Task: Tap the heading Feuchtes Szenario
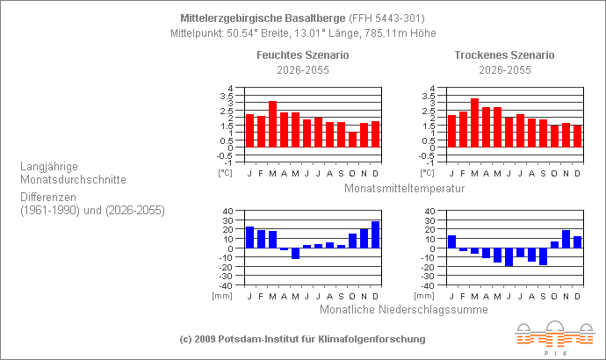pos(302,55)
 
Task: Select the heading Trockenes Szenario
pos(504,55)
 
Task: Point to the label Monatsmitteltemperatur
pos(404,188)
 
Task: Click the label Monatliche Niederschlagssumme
pos(403,308)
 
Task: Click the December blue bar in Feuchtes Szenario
pos(375,234)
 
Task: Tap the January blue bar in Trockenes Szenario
pos(451,241)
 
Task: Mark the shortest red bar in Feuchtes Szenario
pos(352,140)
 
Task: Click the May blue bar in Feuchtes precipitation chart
pos(295,254)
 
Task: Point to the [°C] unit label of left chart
pos(224,173)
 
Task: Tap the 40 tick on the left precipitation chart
pos(227,211)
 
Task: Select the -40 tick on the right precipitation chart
pos(428,285)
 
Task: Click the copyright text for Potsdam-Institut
pos(302,339)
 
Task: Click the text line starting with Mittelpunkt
pos(302,33)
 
